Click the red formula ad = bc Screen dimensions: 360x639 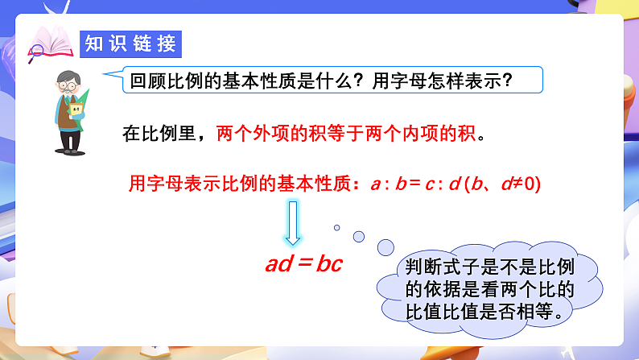[x=303, y=264]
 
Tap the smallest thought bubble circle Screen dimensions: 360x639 [x=337, y=228]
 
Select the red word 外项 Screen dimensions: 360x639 [x=283, y=133]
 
